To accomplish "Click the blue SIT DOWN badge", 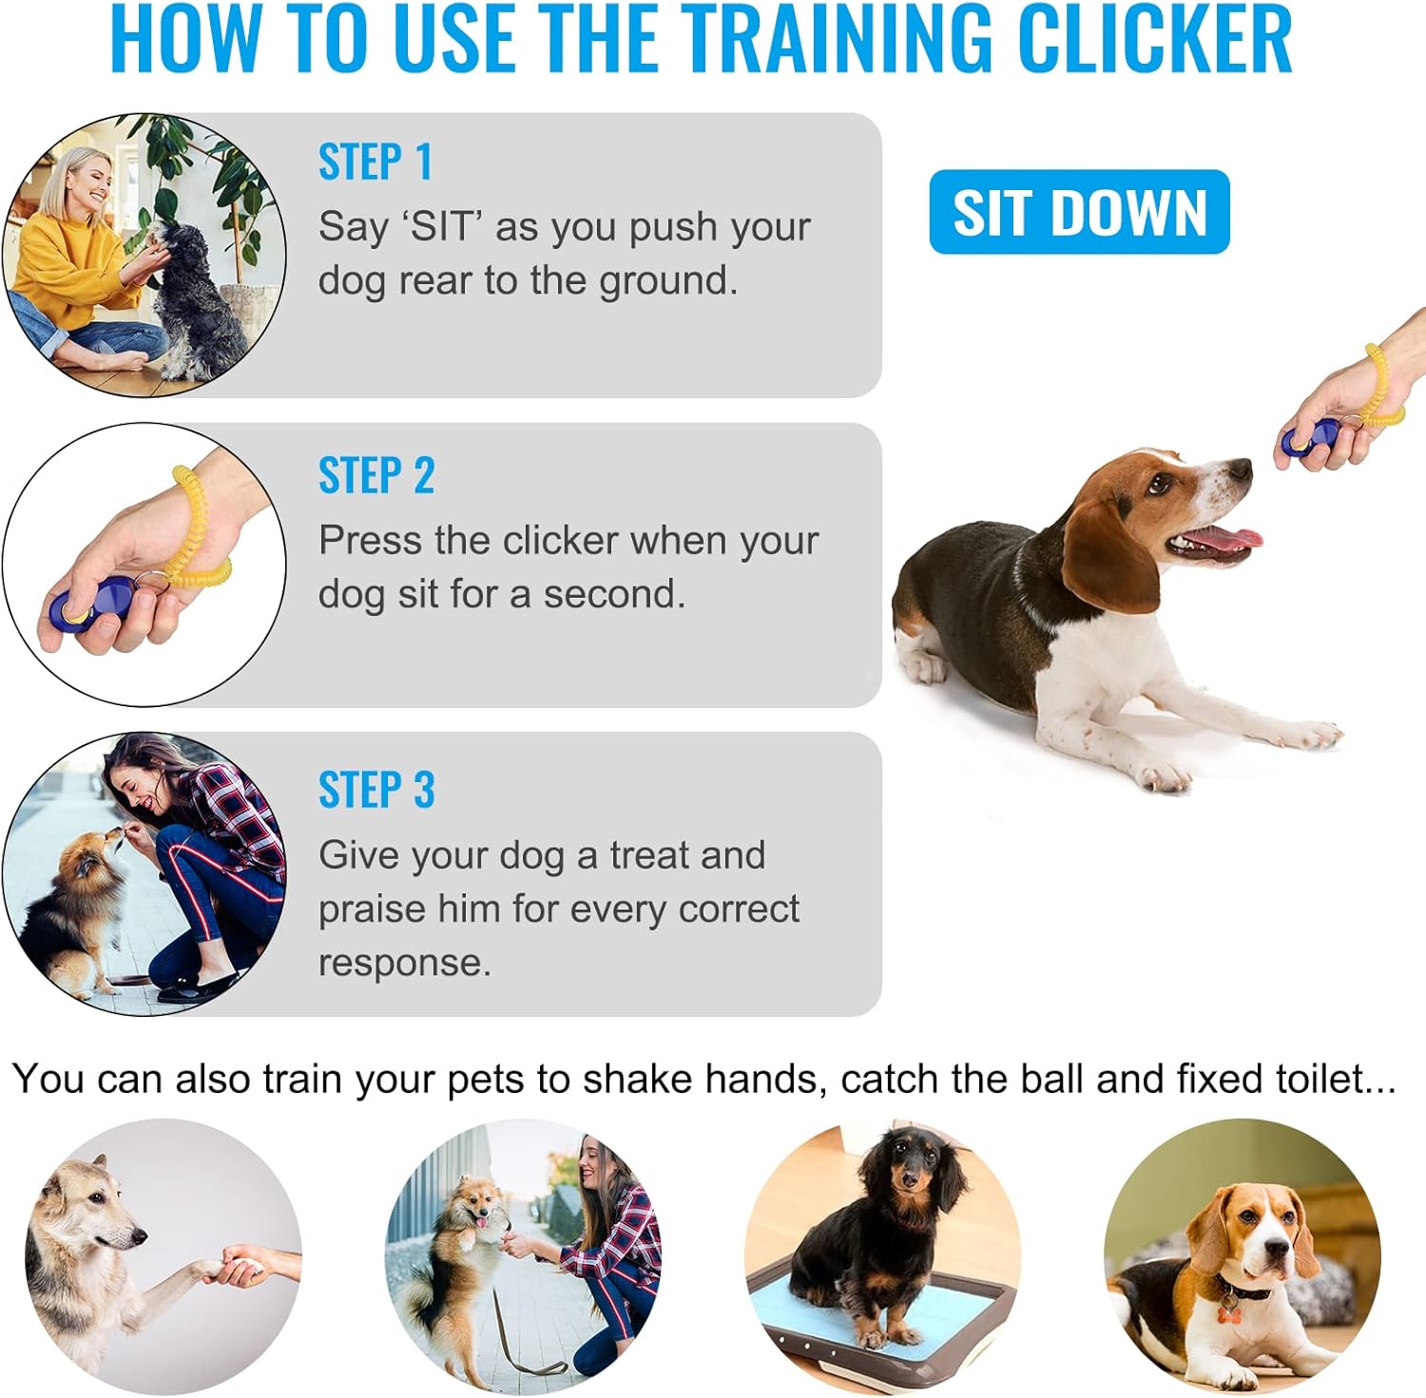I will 1079,212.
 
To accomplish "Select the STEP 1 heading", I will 376,162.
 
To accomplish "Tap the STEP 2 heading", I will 376,475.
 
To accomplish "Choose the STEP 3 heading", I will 376,790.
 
